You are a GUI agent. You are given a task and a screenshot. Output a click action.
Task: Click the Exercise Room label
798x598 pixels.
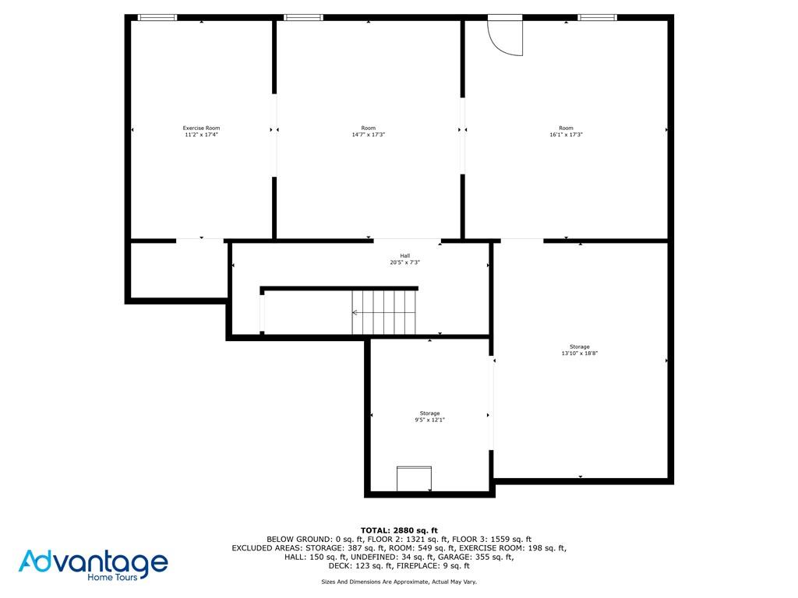[202, 128]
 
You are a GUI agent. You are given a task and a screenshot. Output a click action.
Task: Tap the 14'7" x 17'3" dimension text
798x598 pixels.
[369, 135]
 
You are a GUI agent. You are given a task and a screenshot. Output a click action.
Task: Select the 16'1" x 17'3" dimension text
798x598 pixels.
[566, 135]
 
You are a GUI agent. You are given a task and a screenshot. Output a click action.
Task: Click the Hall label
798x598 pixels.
[405, 255]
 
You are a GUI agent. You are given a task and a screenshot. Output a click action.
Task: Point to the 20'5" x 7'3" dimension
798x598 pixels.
[405, 262]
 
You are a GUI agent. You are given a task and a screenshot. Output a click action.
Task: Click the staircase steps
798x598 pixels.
[383, 312]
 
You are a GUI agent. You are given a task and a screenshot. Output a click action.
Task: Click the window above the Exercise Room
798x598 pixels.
[157, 18]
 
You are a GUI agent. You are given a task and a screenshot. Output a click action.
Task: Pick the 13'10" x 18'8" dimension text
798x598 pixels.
[580, 354]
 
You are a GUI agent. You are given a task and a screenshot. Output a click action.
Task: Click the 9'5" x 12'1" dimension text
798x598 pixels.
[429, 420]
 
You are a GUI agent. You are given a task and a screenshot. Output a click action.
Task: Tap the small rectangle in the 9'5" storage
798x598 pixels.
[415, 479]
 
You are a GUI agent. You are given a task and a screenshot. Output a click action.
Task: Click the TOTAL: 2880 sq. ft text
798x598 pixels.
[399, 531]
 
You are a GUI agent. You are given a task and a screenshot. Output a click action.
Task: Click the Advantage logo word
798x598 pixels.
[94, 562]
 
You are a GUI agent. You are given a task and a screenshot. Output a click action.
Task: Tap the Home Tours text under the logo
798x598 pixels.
[112, 577]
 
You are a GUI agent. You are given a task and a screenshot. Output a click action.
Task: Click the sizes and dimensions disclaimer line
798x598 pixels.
[399, 582]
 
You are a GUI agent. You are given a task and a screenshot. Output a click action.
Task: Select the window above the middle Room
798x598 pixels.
[303, 18]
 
